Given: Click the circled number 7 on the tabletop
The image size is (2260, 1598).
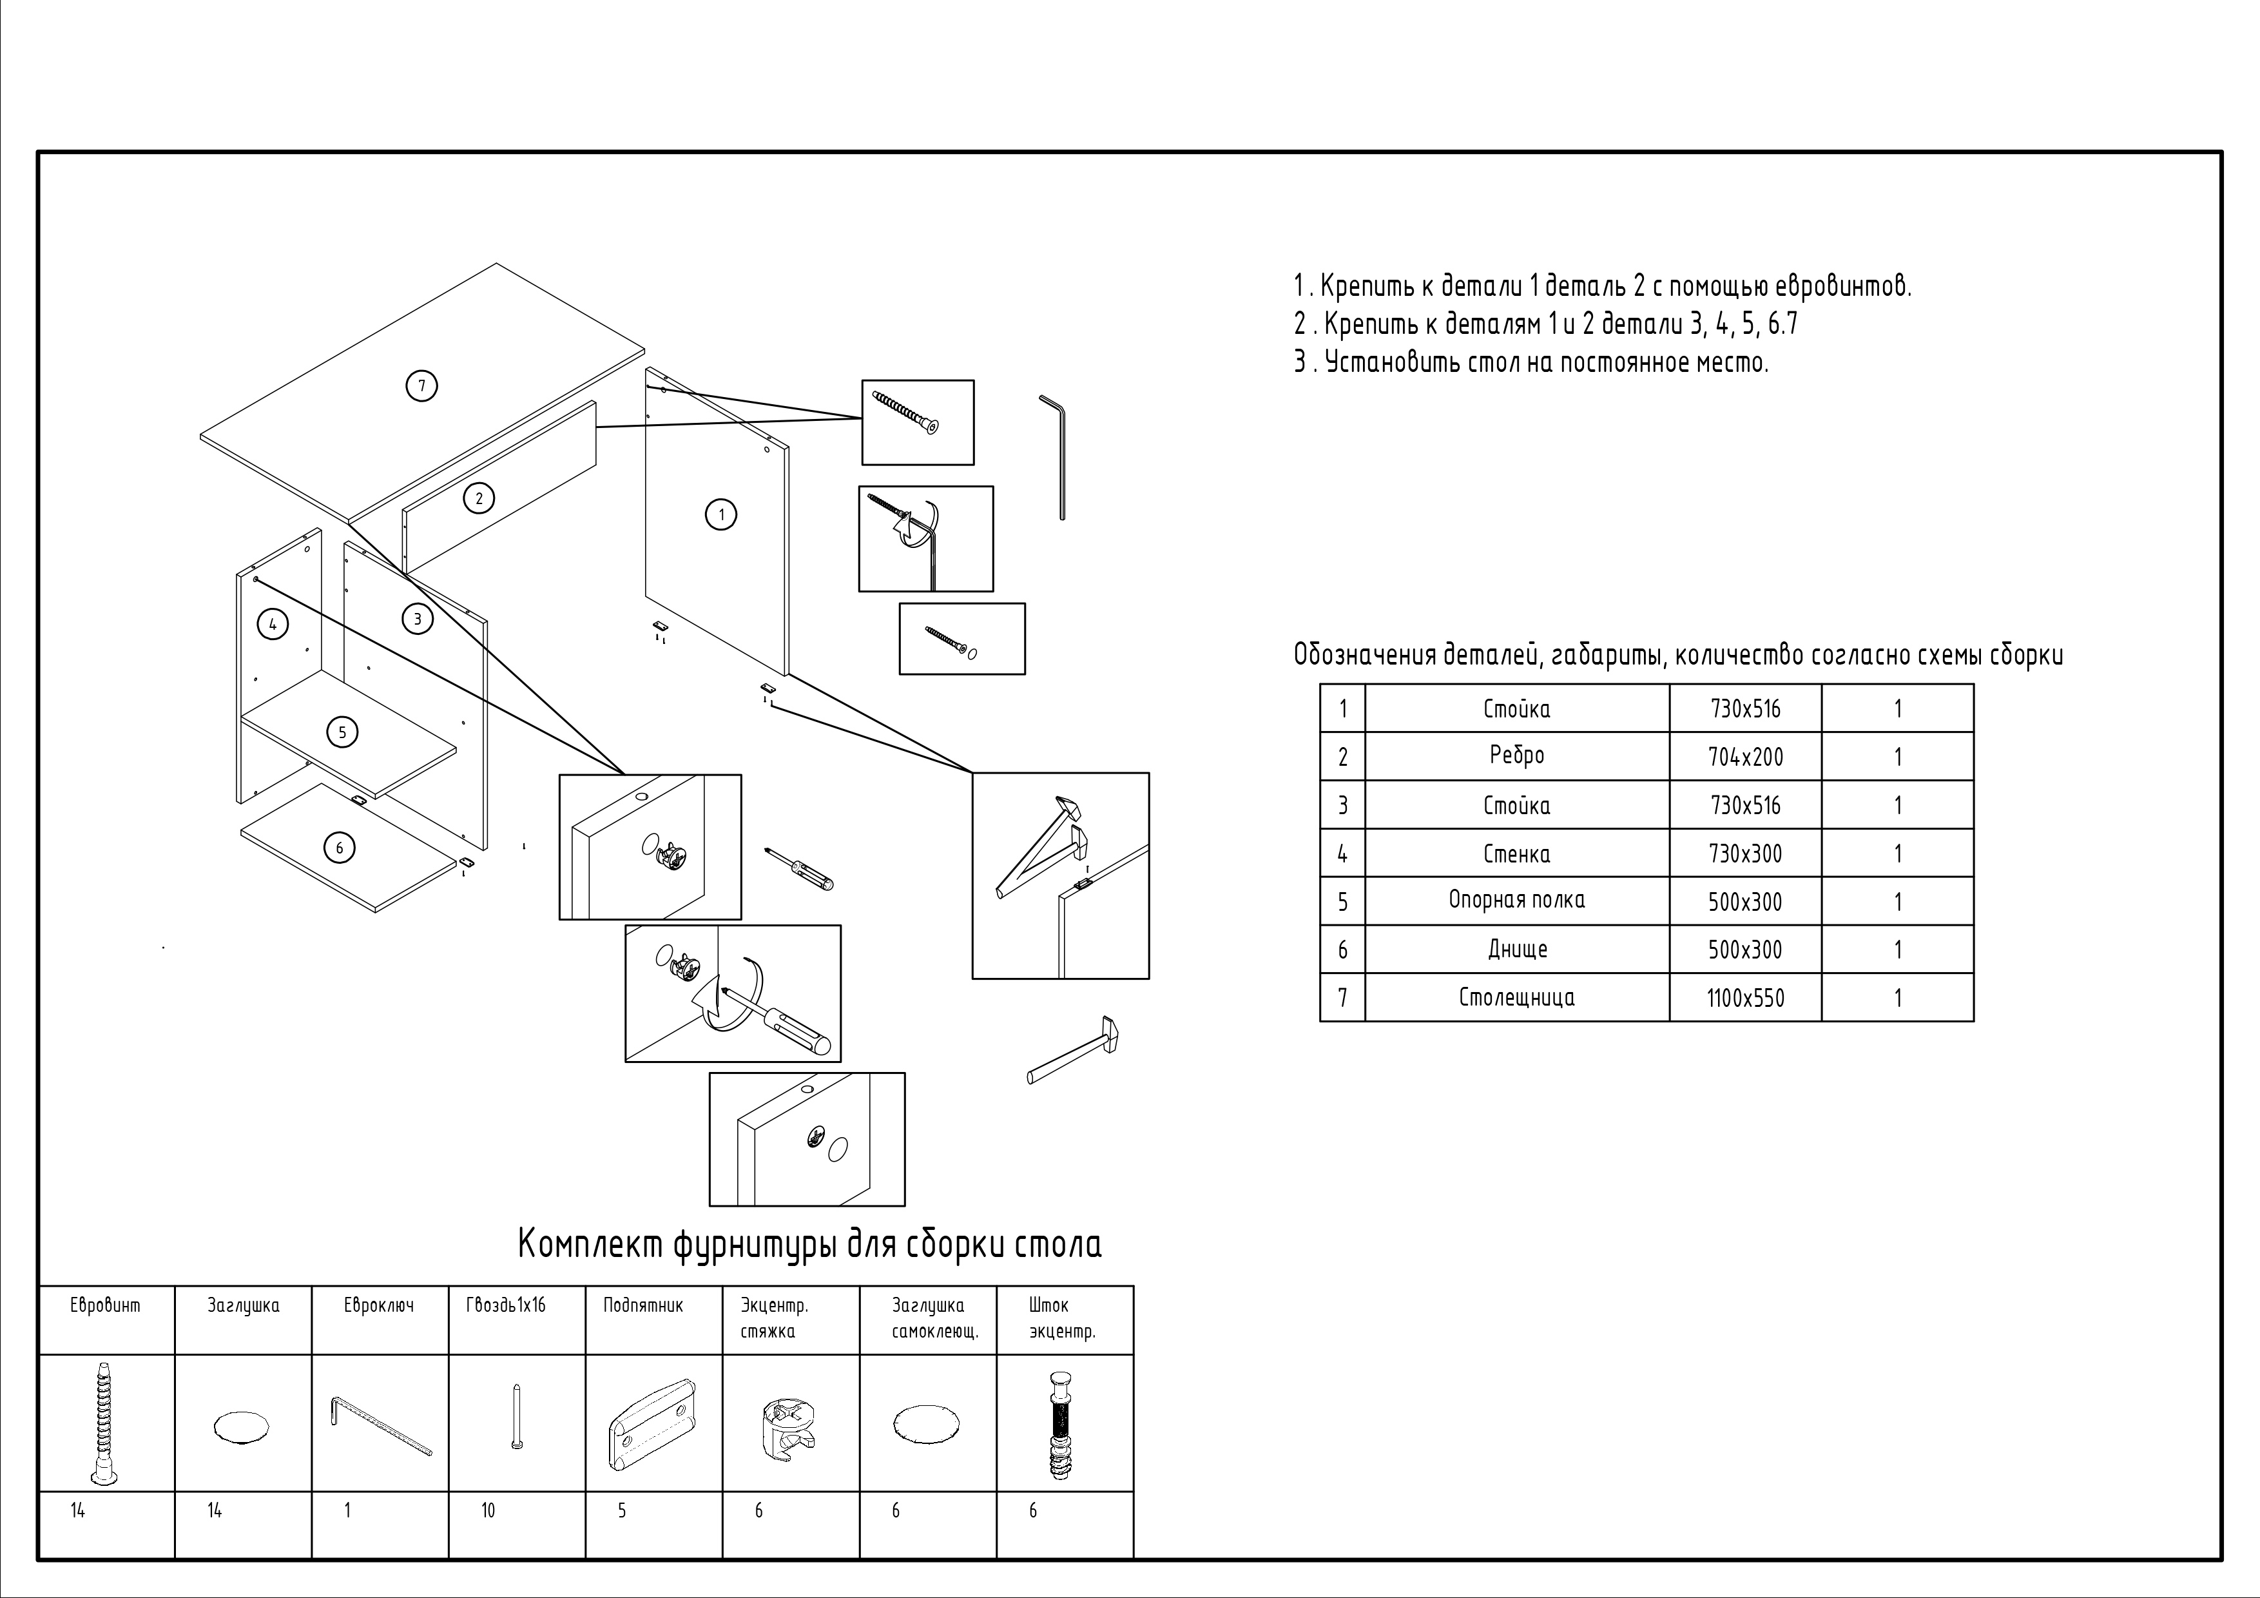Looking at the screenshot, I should pos(421,386).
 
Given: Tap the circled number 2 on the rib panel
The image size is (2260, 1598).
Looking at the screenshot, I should pos(479,498).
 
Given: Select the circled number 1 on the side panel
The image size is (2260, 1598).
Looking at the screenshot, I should pos(722,514).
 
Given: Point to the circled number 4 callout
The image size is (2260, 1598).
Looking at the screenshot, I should pos(273,624).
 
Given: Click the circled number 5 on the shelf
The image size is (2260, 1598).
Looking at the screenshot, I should pos(343,732).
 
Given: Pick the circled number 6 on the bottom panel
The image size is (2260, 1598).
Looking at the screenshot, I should pos(340,848).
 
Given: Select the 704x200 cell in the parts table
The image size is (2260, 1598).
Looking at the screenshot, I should pos(1745,757).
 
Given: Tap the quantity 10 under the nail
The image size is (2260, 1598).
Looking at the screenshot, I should pos(488,1510).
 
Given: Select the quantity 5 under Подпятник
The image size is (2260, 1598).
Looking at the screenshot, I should pos(622,1510).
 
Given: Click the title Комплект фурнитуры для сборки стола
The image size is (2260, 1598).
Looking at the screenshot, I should pos(809,1245).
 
